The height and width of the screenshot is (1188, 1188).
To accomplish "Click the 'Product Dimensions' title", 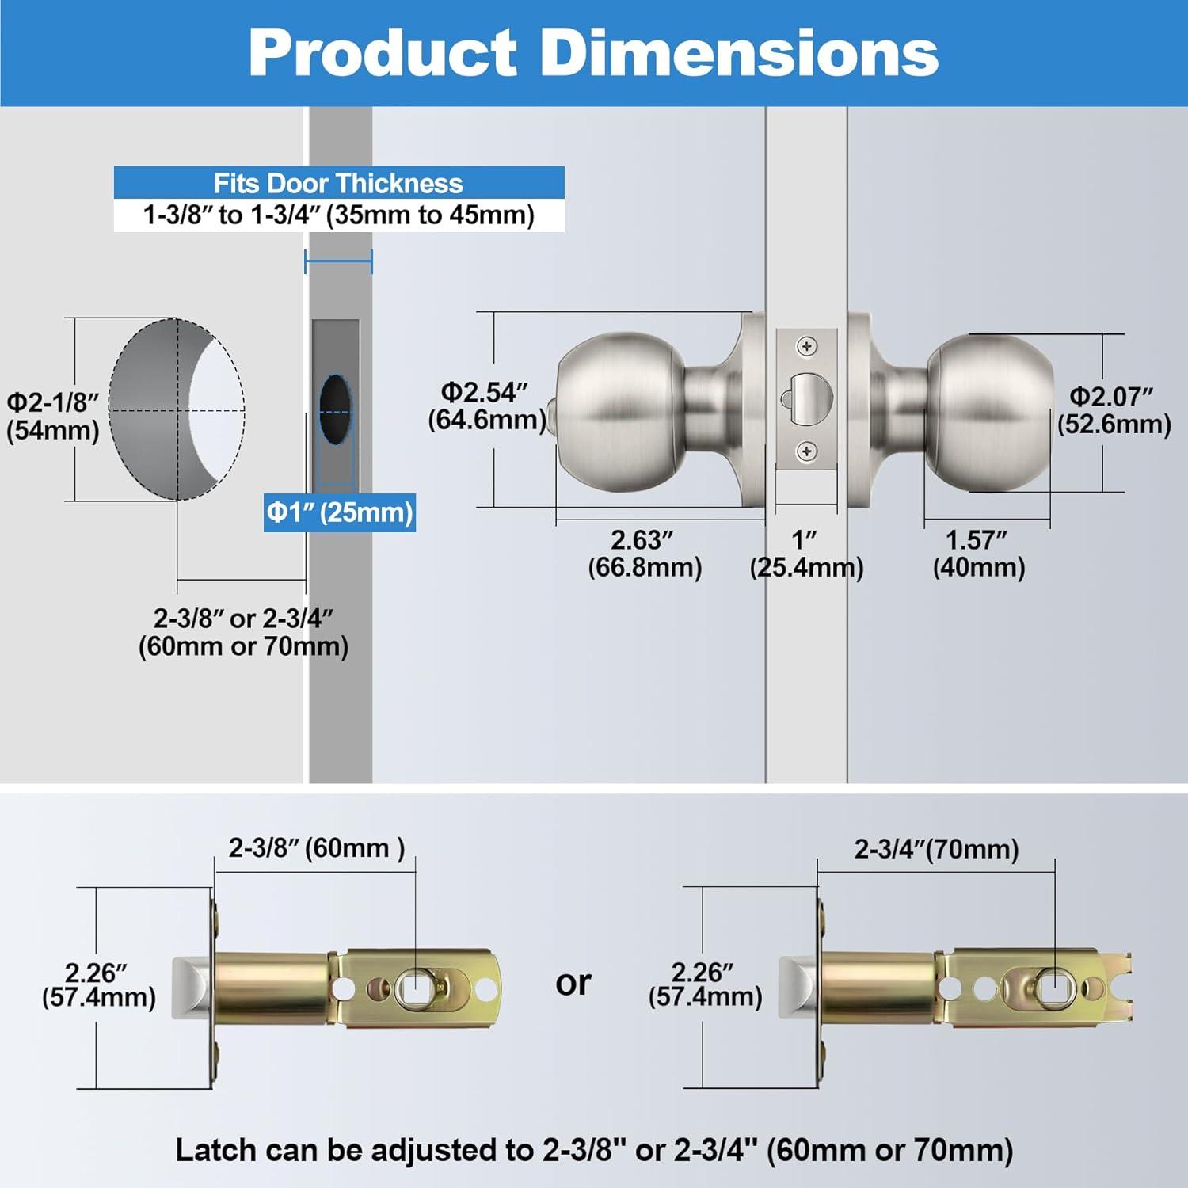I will click(593, 52).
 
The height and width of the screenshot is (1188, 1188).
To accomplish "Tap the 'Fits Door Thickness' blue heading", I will click(338, 183).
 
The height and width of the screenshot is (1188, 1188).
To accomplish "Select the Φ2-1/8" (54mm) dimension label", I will click(53, 417).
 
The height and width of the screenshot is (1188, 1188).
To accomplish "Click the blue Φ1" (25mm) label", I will click(339, 512).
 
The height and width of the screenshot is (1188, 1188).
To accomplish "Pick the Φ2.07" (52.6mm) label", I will click(1114, 409).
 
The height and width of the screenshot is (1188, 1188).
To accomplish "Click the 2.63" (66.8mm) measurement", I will click(644, 554).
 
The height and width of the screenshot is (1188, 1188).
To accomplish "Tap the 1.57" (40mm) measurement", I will click(978, 554).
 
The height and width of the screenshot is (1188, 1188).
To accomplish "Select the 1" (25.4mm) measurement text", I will click(805, 554).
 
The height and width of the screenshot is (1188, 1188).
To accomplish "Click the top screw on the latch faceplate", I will click(806, 346).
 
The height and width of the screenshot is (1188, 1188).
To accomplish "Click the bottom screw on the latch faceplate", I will click(806, 451).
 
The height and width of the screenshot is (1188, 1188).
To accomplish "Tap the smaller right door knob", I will click(990, 412).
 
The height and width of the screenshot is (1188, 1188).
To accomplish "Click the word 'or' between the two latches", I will click(573, 983).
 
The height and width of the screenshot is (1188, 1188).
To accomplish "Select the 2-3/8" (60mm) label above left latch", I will click(316, 848).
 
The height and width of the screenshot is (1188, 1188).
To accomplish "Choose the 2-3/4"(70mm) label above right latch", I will click(935, 850).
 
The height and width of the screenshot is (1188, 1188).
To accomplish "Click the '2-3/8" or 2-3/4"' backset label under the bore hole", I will click(243, 632).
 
